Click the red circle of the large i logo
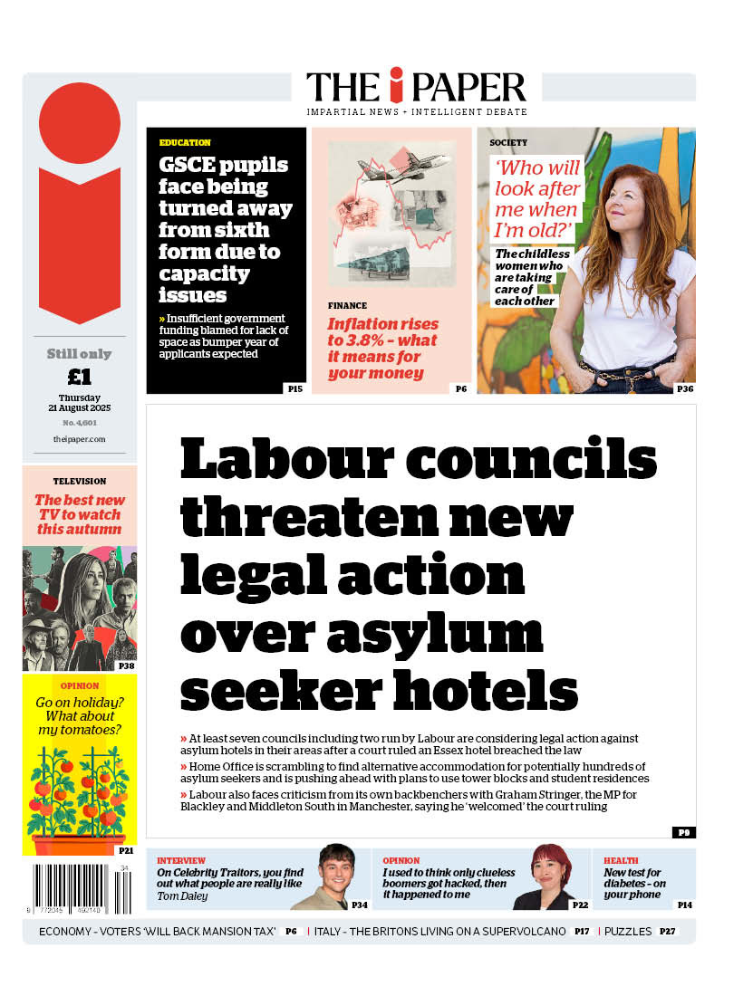80,122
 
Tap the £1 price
80,377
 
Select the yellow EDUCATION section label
185,142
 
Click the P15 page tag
294,388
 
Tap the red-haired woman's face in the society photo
631,199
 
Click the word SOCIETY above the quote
508,142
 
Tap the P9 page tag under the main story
683,832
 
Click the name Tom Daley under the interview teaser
182,896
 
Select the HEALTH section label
621,860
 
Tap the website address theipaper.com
80,439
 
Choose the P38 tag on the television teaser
127,666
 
